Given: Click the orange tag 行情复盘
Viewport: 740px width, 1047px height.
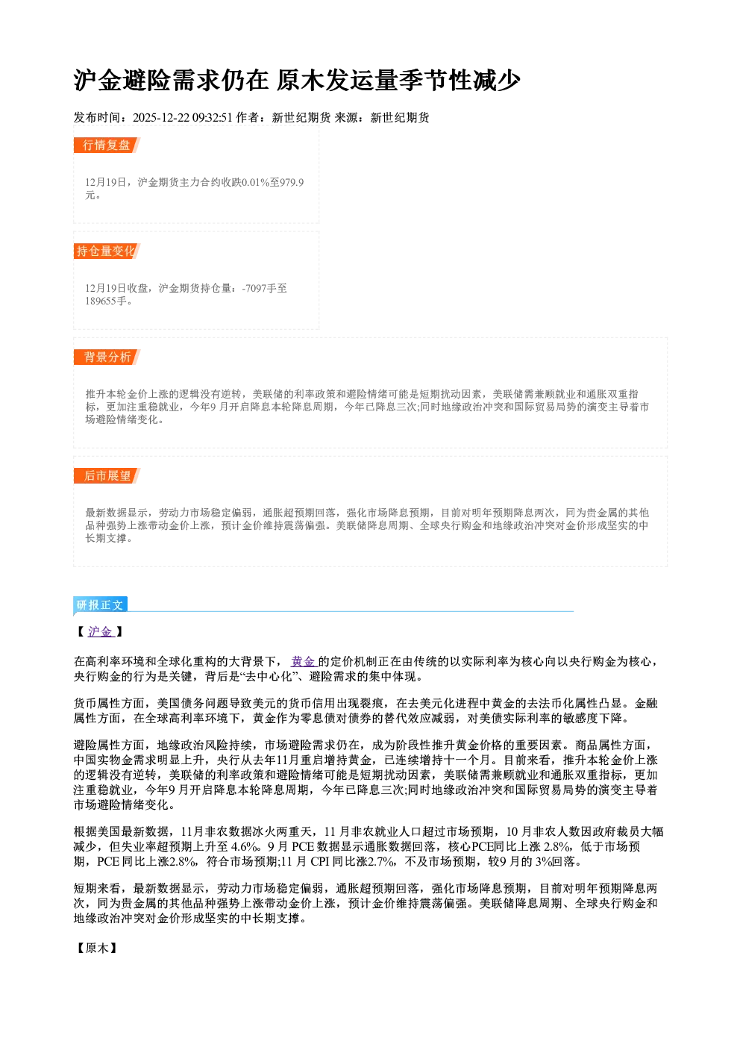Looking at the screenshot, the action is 107,145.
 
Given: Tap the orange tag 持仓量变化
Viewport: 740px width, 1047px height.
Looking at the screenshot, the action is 107,251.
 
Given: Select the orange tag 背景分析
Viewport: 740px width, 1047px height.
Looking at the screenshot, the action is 107,357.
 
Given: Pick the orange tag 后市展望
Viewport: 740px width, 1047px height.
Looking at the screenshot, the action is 107,476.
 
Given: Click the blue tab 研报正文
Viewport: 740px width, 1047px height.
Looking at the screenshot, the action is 100,604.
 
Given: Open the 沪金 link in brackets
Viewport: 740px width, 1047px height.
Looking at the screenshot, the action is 100,632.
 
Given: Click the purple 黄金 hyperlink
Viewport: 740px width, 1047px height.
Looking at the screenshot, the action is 304,661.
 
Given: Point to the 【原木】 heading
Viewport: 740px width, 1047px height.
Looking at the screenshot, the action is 96,948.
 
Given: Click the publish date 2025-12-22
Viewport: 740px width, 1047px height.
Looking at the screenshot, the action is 160,118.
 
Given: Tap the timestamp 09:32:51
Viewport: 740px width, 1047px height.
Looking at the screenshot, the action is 212,118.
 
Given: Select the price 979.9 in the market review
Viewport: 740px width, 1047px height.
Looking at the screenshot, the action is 292,182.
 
